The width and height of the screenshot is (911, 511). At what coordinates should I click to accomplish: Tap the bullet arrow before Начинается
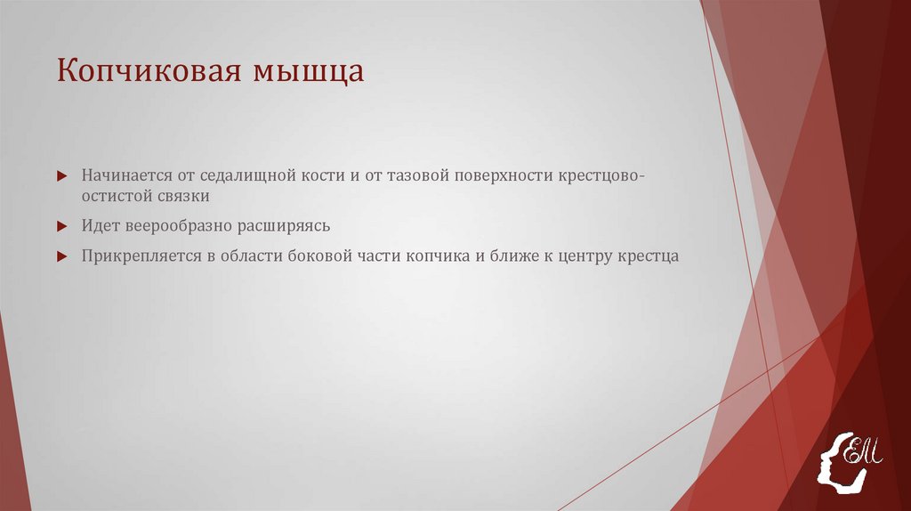pyautogui.click(x=61, y=175)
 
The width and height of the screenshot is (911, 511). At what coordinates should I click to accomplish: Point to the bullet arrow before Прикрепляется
pyautogui.click(x=61, y=255)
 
